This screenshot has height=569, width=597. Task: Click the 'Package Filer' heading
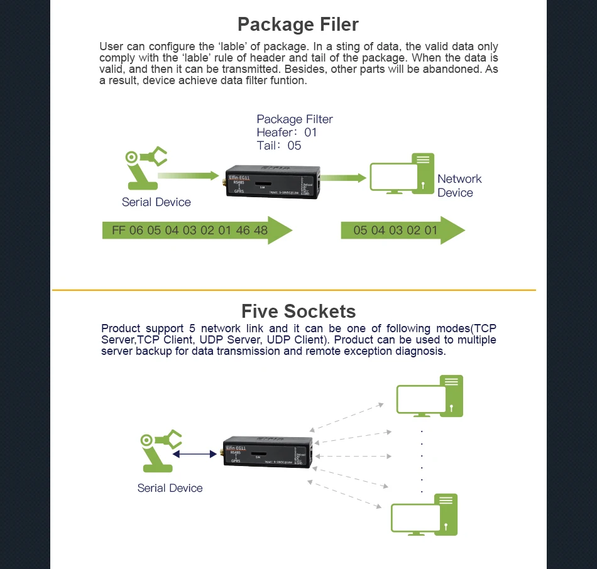298,24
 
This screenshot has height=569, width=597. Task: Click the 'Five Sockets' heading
298,312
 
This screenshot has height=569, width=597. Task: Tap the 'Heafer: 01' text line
287,133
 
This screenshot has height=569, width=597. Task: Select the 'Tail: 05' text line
278,146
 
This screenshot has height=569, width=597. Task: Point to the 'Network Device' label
459,186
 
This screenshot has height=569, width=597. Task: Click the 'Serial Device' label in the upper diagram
156,202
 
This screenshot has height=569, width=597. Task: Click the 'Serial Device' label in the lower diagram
170,488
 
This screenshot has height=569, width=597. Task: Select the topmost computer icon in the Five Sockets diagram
430,396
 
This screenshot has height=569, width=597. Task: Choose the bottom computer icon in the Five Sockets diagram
424,516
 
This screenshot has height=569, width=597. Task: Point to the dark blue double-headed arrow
195,453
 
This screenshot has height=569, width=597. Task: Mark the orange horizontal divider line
293,290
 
